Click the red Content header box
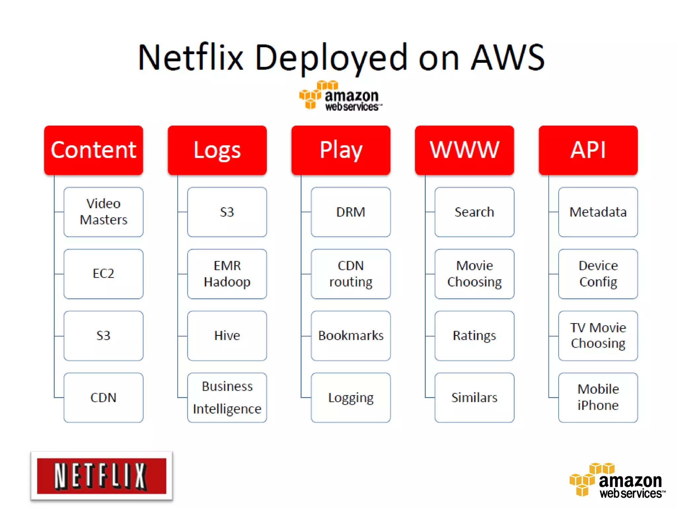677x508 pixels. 94,150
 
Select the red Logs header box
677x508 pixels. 217,150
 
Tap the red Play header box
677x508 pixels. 341,150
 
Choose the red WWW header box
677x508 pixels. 464,150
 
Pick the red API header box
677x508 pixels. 588,150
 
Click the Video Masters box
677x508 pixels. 103,212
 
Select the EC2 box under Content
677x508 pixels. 103,274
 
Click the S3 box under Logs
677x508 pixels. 227,212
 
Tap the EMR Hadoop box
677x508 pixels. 227,274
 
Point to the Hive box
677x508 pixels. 227,336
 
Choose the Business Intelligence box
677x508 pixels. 227,398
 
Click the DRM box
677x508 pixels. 351,212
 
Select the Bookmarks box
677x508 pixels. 351,336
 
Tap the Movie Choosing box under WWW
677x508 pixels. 474,274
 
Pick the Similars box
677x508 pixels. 474,398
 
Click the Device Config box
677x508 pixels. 598,274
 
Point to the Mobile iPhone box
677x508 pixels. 598,398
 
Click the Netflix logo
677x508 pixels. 101,476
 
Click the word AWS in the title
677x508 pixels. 508,58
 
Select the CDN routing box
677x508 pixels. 351,274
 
